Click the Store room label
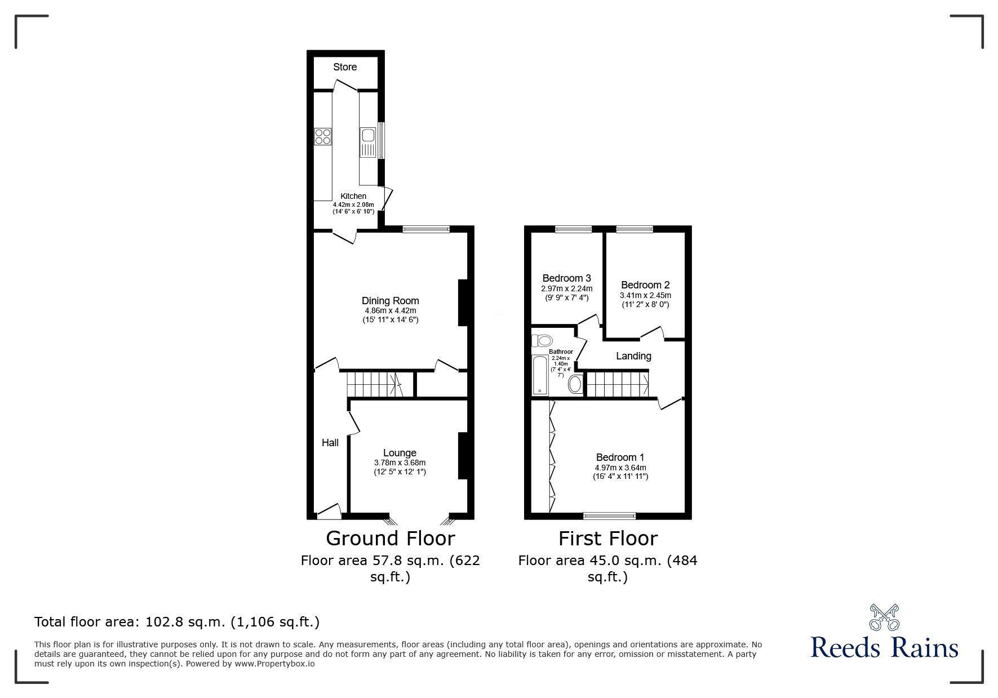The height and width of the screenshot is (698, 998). (345, 67)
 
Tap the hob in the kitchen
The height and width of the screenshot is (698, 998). (323, 136)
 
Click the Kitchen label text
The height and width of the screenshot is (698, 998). (353, 196)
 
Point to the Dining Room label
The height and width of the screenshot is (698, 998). (390, 301)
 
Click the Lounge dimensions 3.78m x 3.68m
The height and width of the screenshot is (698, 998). (400, 463)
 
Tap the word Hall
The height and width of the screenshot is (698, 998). (330, 443)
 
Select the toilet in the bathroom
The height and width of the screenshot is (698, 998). (543, 340)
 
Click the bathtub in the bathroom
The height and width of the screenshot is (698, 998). (540, 375)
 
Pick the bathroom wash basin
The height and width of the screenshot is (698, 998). (575, 384)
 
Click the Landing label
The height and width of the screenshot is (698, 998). (633, 356)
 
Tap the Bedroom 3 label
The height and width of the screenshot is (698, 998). (566, 278)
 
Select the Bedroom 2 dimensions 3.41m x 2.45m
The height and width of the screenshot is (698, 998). (645, 295)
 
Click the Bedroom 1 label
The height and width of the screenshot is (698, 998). (620, 457)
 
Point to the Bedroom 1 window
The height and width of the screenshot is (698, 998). (609, 515)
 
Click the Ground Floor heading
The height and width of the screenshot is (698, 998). (390, 539)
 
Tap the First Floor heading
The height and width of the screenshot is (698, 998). (607, 539)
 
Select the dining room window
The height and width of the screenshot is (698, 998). (426, 229)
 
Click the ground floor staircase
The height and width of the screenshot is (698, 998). (372, 384)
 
